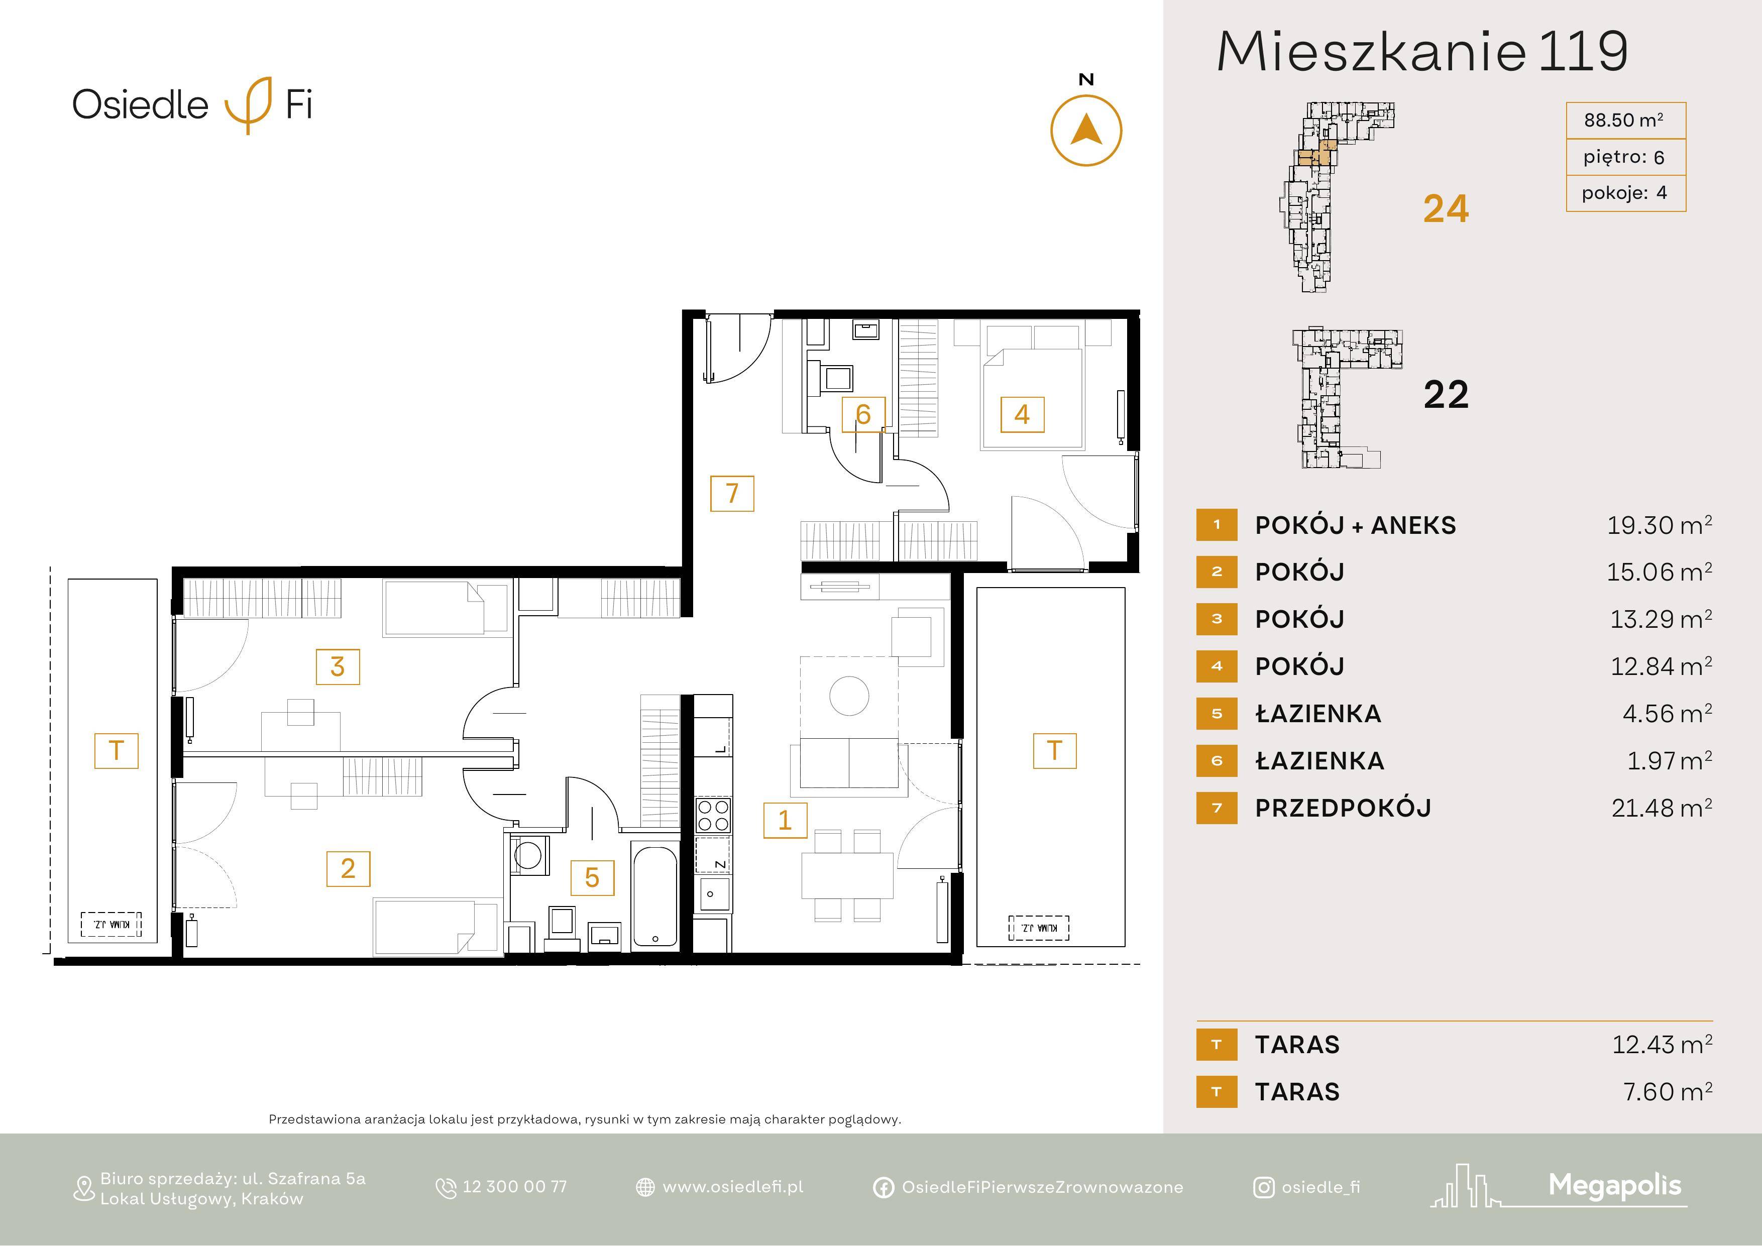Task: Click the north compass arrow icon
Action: pos(1086,131)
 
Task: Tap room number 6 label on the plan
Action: pos(863,414)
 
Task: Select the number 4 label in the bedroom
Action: pos(1022,414)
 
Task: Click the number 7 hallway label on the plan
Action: pos(732,493)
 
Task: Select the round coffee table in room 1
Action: pos(849,696)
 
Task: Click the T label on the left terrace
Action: pos(117,750)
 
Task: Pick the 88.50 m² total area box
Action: pos(1625,121)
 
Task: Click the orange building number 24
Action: pos(1446,209)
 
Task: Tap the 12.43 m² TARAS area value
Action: pos(1662,1044)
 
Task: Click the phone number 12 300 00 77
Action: pos(514,1187)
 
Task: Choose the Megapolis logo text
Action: pos(1615,1186)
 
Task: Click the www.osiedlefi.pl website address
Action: pos(733,1187)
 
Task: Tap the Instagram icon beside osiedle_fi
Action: pos(1263,1188)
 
